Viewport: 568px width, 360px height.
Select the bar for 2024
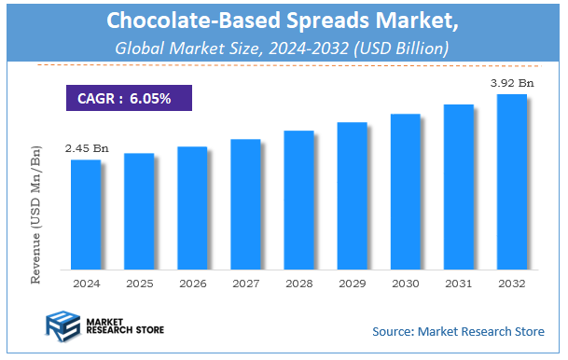[85, 214]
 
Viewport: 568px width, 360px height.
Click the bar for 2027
[245, 203]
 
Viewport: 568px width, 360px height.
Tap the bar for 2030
[405, 190]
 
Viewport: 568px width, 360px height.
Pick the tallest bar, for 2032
[511, 181]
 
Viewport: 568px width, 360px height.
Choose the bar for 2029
[352, 195]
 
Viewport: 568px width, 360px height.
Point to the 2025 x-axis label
[138, 282]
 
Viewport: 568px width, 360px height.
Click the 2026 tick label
[192, 282]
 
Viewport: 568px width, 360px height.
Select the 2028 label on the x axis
[298, 282]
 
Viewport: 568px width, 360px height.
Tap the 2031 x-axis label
[458, 282]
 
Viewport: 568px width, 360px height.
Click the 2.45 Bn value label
[85, 148]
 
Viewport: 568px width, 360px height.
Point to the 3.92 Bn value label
[513, 83]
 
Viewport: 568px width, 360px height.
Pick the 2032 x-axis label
[511, 282]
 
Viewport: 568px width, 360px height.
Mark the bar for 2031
[458, 186]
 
